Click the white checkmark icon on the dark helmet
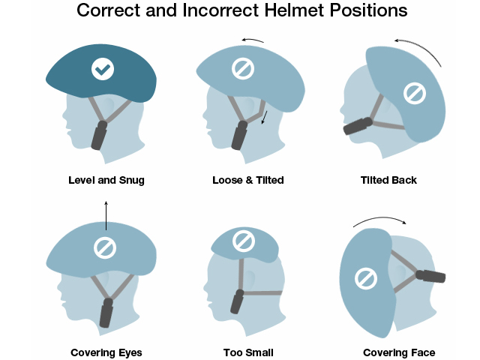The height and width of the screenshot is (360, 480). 103,69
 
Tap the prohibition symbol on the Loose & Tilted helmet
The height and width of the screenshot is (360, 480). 243,68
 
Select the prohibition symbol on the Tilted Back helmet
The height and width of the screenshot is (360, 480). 415,93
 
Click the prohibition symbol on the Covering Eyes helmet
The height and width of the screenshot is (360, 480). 105,247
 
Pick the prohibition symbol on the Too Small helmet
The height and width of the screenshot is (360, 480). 244,241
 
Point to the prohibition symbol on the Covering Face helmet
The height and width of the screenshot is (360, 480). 366,278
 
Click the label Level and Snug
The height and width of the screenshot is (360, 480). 106,180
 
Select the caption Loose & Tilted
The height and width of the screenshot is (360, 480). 248,180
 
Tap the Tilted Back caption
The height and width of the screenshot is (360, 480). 388,180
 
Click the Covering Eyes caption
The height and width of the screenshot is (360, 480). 106,352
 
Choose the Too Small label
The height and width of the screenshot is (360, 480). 248,352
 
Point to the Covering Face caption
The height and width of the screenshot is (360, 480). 399,352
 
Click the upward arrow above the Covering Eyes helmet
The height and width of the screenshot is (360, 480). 106,215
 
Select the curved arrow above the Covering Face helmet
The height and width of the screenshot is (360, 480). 380,218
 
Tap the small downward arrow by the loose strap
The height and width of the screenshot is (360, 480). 265,118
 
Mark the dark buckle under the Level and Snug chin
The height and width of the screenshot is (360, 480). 99,135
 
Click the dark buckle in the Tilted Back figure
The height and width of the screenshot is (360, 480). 358,126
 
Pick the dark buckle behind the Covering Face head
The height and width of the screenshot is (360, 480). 430,277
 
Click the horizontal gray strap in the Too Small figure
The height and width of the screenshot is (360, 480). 262,293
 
